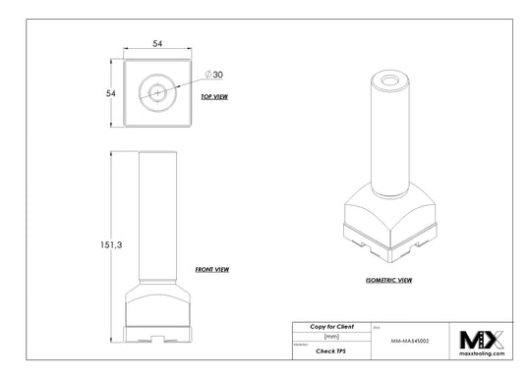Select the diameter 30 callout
[x=215, y=75]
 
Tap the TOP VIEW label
[x=214, y=97]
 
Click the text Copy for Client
[x=333, y=325]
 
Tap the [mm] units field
[x=331, y=336]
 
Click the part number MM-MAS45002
[x=410, y=338]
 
